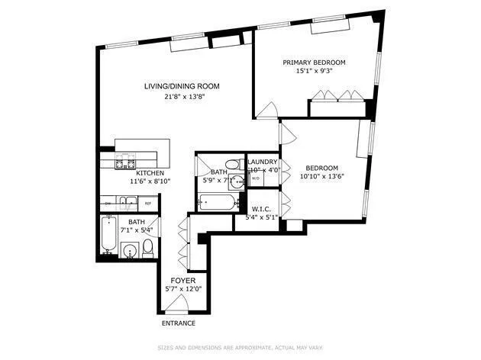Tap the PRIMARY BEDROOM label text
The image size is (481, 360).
pos(314,63)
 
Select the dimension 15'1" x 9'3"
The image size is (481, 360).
pos(314,72)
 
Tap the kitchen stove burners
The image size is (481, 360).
pos(124,162)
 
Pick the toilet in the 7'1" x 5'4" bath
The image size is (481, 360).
pos(147,248)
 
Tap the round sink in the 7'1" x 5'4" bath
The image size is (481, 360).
pos(130,249)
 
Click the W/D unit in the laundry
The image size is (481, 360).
pos(256,178)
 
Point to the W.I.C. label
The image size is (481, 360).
pos(261,207)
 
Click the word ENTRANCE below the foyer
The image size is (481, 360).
pos(178,323)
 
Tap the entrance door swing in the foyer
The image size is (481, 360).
pos(178,304)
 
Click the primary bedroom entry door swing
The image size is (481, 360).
pos(267,112)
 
